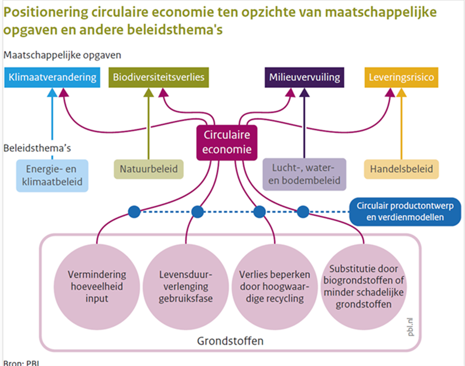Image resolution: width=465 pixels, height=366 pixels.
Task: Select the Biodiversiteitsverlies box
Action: [x=158, y=77]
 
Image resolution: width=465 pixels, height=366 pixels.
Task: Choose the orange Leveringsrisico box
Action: [x=403, y=77]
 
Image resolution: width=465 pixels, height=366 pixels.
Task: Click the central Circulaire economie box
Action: [x=227, y=142]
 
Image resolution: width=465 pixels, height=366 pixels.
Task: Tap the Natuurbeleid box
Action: [x=148, y=169]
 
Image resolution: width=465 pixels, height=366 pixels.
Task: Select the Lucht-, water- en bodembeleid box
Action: [x=304, y=175]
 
